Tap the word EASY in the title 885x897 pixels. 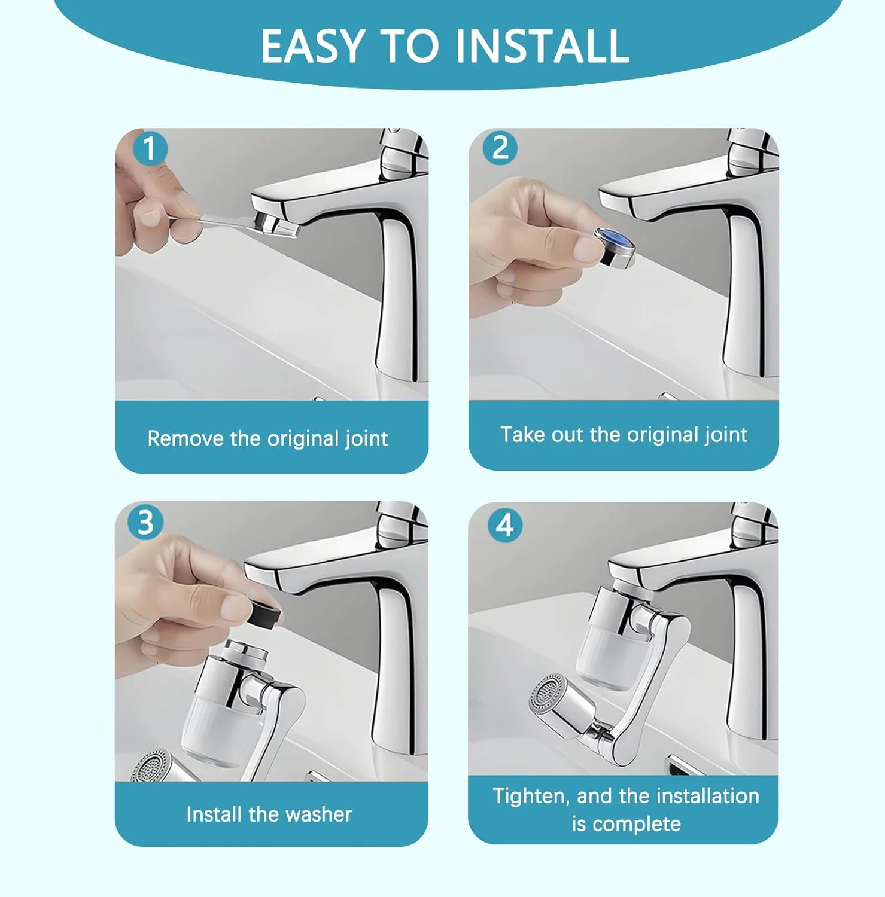(x=313, y=46)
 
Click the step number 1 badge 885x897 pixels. (x=149, y=148)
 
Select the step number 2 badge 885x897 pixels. (x=500, y=148)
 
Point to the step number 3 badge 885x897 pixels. (x=146, y=522)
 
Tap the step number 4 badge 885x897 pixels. (x=505, y=525)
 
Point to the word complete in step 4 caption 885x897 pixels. (x=637, y=824)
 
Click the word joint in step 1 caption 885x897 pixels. (x=366, y=439)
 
